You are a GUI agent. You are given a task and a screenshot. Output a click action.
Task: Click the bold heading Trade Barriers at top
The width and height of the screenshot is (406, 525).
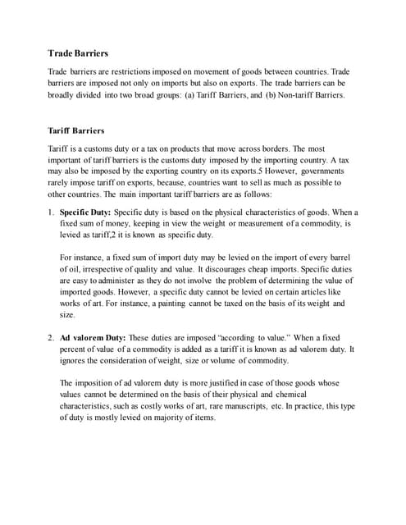(x=80, y=53)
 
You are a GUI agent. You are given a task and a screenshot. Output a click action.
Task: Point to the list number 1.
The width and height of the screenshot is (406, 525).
(x=51, y=212)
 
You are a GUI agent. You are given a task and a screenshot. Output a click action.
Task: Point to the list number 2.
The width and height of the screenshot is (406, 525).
(x=51, y=337)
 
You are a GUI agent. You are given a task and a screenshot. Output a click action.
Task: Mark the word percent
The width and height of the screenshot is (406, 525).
(x=75, y=349)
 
